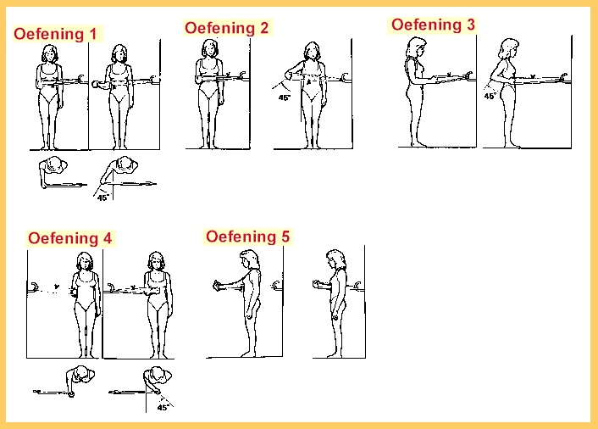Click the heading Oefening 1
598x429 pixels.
[x=55, y=34]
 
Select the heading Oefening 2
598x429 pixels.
[x=226, y=28]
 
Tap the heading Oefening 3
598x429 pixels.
[x=433, y=25]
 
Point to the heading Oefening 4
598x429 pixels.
[x=69, y=238]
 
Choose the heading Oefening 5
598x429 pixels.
[x=248, y=237]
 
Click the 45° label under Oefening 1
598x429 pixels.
[x=103, y=198]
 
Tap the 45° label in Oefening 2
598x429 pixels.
[x=284, y=97]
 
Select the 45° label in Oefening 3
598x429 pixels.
[x=490, y=96]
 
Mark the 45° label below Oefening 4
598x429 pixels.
[x=163, y=407]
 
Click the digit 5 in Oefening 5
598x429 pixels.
[x=285, y=237]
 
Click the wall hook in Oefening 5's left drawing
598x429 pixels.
[x=276, y=285]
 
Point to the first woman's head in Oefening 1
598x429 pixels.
[x=50, y=53]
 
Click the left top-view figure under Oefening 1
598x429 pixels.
[x=53, y=172]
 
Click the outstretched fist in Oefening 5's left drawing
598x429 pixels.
[x=218, y=286]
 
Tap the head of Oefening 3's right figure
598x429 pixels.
[x=509, y=48]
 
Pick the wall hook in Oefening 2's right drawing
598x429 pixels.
[x=345, y=78]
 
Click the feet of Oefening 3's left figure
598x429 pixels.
[x=418, y=144]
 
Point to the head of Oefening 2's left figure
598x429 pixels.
[x=210, y=48]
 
